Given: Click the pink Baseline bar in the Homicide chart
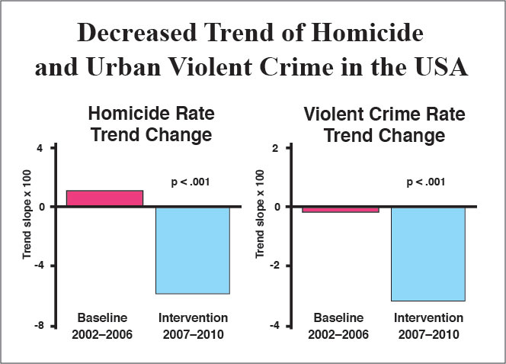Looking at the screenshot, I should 104,198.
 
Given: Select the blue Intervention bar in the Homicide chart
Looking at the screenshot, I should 193,250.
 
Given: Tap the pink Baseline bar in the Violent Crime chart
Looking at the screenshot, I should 340,209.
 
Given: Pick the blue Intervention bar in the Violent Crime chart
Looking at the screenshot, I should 428,254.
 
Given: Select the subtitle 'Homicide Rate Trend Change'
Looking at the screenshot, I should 152,124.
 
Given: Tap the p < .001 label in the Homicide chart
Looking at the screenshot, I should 189,182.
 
